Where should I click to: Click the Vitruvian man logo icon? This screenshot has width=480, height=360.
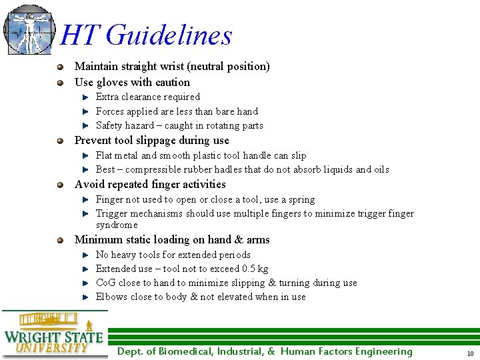coord(29,29)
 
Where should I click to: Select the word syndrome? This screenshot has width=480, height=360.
coord(117,225)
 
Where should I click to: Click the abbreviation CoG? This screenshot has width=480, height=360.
coord(105,283)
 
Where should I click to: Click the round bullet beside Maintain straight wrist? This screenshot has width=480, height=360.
coord(61,67)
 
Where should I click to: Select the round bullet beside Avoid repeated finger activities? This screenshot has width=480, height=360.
coord(61,185)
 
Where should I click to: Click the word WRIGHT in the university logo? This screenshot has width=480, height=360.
coord(33,337)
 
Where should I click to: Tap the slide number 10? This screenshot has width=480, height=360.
coord(470,353)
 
